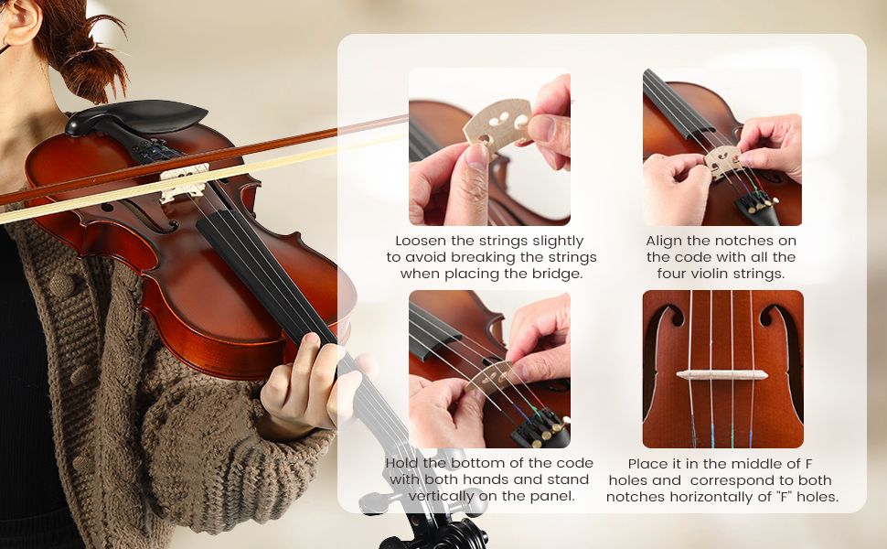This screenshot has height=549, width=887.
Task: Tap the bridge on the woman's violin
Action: pos(183,181)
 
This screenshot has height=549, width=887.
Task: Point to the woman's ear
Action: pos(19,18)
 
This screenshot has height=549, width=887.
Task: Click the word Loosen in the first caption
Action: pos(411,241)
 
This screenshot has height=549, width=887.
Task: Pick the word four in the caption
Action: pos(674,274)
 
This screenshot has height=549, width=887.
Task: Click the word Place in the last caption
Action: pos(647,464)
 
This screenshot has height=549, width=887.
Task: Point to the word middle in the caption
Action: pos(749,464)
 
